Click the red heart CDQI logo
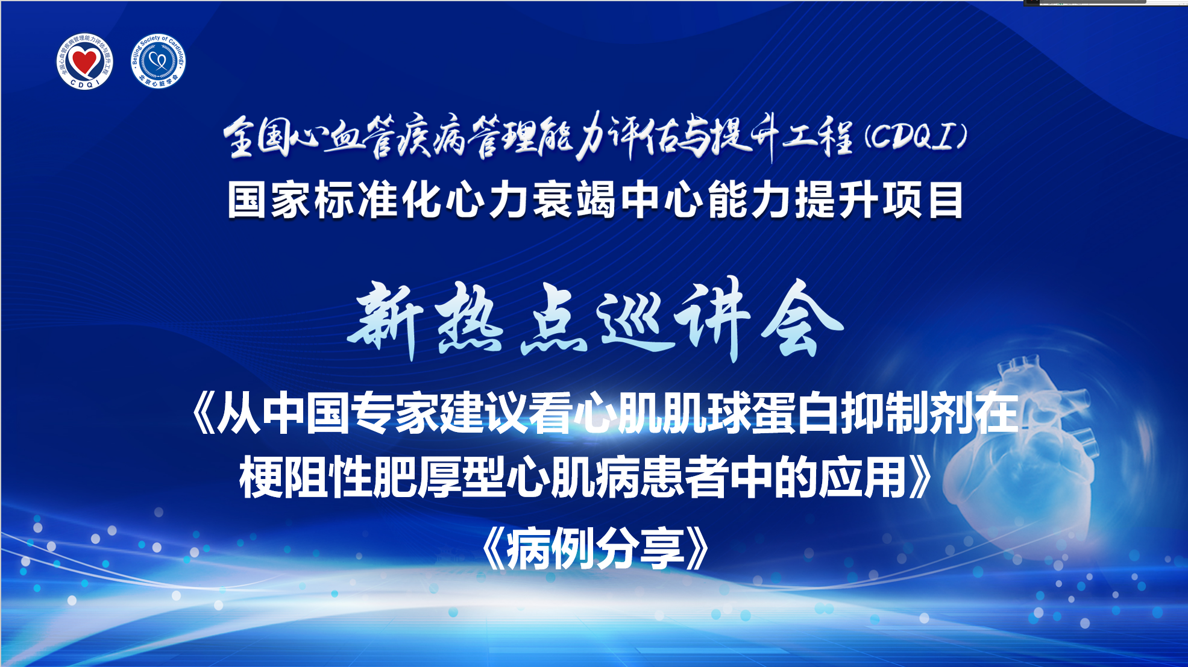[x=84, y=61]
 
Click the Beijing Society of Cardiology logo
[x=159, y=61]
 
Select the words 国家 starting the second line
[x=270, y=200]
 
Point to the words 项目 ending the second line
[x=923, y=200]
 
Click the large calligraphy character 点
[x=553, y=319]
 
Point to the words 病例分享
[x=596, y=548]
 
